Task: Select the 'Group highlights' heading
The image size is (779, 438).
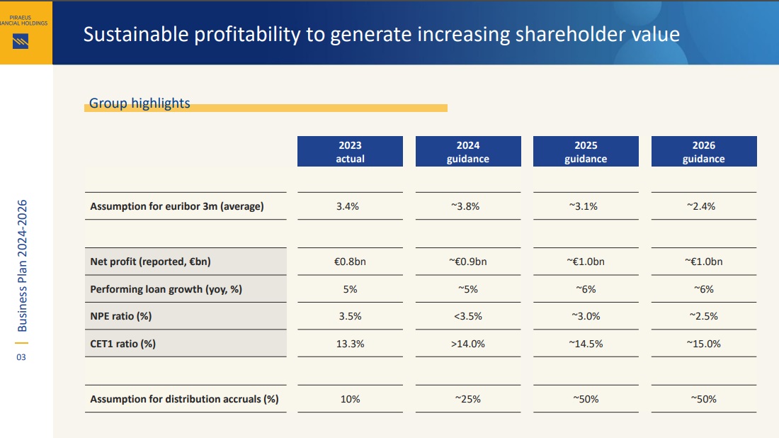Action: coord(140,103)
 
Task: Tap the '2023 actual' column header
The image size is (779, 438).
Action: coord(350,152)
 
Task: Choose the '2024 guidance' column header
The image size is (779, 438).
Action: coord(467,152)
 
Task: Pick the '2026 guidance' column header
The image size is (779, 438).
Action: coord(703,152)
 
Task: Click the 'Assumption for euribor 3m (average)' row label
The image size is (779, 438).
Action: coord(177,206)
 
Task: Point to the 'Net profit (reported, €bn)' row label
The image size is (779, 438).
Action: coord(150,262)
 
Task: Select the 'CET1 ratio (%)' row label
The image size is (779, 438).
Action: coord(123,344)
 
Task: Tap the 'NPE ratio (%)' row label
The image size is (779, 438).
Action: coord(121,316)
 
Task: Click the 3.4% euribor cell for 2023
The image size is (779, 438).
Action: coord(350,206)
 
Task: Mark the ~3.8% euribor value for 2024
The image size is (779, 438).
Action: coord(467,206)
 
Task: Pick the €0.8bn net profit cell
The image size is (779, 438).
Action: coord(350,262)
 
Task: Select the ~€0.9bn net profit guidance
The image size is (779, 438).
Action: coord(467,262)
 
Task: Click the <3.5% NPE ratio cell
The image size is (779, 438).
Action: coord(467,316)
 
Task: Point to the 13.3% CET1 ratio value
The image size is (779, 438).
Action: coord(350,344)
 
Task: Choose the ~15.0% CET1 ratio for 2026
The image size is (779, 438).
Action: coord(703,344)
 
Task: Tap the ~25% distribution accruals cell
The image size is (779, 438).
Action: coord(467,399)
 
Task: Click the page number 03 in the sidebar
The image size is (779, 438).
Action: coord(21,357)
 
